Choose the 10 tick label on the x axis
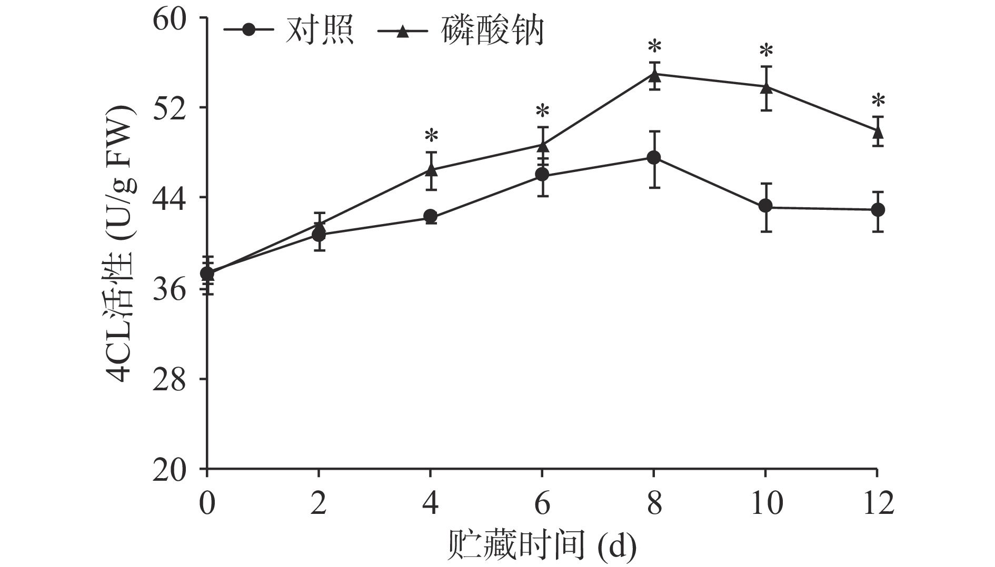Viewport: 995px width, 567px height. (765, 504)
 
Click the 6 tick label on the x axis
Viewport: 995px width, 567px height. (542, 504)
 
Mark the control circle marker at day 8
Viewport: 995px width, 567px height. (654, 158)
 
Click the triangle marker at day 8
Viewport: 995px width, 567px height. (654, 75)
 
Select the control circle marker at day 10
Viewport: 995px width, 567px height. (765, 206)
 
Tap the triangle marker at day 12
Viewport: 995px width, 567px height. (877, 131)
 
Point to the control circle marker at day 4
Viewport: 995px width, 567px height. (431, 216)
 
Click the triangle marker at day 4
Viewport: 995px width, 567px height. (431, 169)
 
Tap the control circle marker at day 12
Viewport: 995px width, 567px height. (877, 210)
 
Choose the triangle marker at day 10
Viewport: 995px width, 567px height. (765, 87)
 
